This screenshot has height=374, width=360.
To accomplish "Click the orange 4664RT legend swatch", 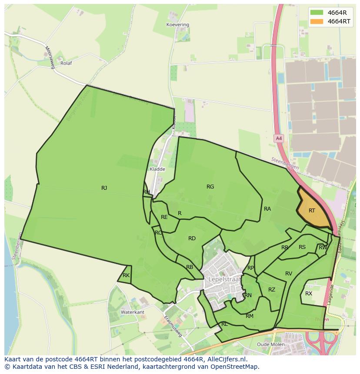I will point(317,21).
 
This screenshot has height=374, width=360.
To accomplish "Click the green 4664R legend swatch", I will point(317,12).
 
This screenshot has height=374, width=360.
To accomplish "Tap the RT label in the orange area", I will point(312,211).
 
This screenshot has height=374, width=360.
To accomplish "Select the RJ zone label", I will point(104,188).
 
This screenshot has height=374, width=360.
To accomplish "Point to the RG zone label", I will point(210,187).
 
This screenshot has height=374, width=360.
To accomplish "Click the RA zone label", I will point(267,209).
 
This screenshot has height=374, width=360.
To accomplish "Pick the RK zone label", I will point(126,275).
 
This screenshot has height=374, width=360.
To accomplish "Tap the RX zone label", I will point(309,294).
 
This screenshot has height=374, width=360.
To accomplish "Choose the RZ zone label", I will point(272,290).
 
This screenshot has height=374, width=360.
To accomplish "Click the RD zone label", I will point(192,238).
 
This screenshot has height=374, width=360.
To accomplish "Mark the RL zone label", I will point(224,324).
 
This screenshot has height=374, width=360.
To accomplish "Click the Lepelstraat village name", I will point(224,279).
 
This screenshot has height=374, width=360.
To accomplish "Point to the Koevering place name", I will point(178,25).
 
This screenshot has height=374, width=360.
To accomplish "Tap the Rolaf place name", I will point(66,63).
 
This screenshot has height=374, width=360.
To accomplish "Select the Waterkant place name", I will point(133,312).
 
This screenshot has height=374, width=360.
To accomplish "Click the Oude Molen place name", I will point(271,344).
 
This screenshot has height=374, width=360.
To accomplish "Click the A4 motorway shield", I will point(279,139).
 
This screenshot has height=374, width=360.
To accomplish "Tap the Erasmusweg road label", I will point(173,326).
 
